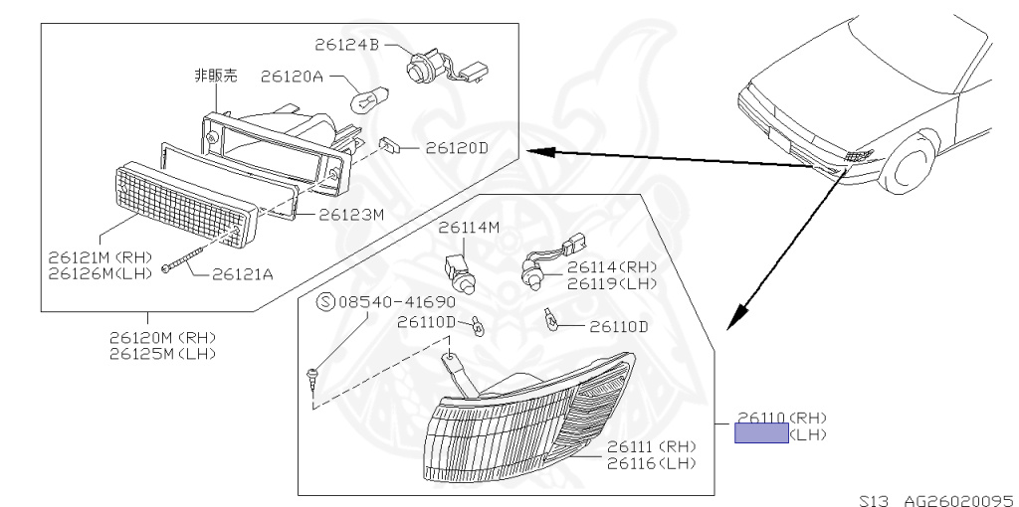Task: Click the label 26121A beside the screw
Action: click(242, 273)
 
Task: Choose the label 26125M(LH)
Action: click(162, 353)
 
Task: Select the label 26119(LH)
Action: click(612, 282)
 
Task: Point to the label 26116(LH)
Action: click(652, 463)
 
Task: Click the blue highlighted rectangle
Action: click(761, 433)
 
